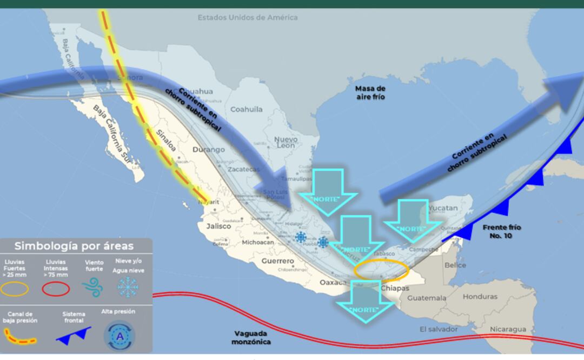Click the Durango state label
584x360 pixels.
pos(208,150)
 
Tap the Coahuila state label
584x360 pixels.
pos(246,109)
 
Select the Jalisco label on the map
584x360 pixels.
pos(218,226)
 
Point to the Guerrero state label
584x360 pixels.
pos(278,261)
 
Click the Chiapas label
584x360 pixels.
pos(395,288)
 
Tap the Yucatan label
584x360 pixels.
pos(443,208)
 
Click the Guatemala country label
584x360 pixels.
pos(427,298)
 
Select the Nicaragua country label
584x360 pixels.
pos(508,329)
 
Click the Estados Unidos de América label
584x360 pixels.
pos(247,17)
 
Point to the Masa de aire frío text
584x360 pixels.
pos(370,92)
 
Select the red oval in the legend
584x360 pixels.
pos(56,289)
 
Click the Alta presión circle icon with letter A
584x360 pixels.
pos(118,336)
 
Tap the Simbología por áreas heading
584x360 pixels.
pos(74,246)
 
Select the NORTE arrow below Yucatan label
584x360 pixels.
pos(413,220)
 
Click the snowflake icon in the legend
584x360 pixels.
pos(128,287)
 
